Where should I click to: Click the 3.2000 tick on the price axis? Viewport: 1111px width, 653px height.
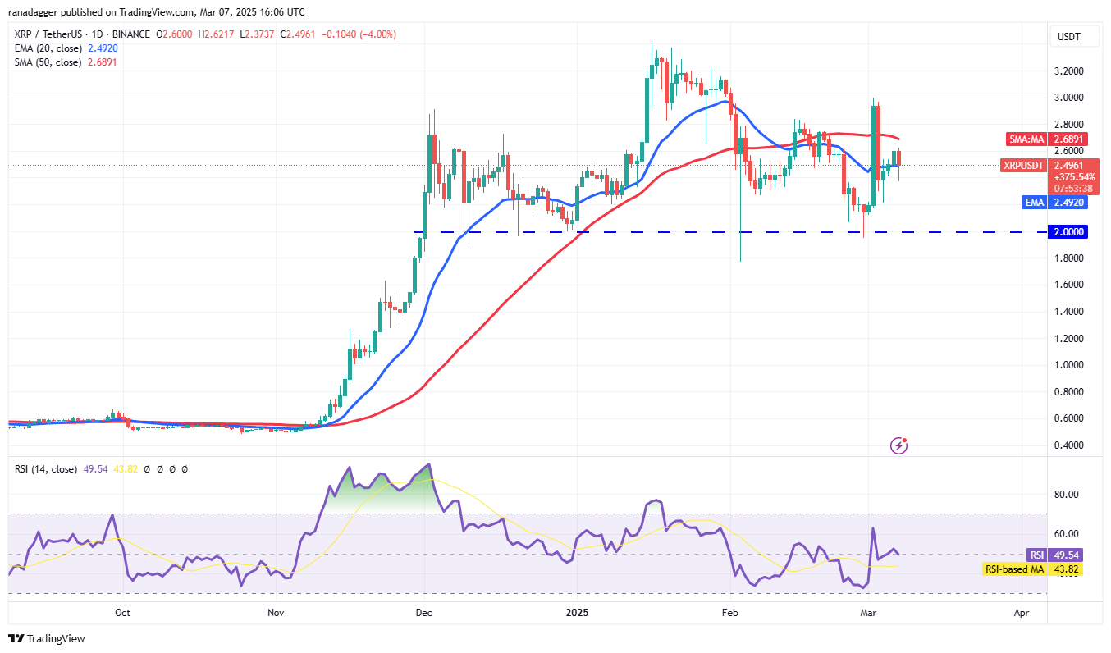1070,71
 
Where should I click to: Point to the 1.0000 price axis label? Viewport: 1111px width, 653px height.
1070,365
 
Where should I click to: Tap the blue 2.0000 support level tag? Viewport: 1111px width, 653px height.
1070,232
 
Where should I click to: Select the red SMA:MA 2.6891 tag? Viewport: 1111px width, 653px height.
1025,139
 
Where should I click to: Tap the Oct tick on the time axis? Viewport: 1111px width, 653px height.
122,612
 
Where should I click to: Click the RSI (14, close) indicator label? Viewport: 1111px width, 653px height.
44,469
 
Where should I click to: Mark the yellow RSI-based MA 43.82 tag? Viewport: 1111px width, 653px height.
1017,569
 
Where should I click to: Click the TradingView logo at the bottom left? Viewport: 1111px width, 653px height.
48,638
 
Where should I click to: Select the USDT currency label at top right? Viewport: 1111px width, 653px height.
1069,37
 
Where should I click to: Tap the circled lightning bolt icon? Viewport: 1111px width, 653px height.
899,446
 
